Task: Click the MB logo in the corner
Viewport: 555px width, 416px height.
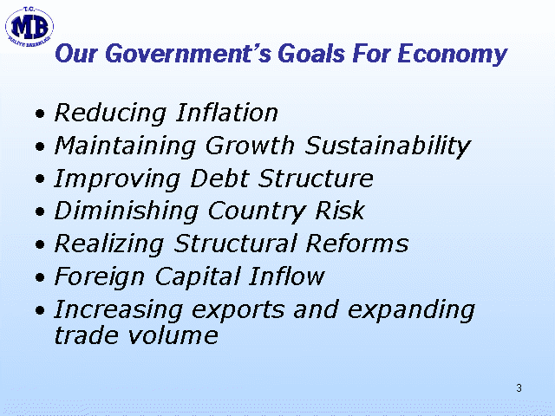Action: (29, 27)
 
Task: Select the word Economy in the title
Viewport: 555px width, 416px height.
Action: (453, 55)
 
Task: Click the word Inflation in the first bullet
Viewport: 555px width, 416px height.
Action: (227, 113)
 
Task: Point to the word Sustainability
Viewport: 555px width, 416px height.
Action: (388, 146)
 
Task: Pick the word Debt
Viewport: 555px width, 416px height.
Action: (219, 179)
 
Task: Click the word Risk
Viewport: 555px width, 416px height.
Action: (340, 211)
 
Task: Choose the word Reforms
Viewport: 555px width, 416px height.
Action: (357, 244)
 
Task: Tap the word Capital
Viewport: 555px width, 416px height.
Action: (198, 277)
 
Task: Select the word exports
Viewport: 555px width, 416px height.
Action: (238, 310)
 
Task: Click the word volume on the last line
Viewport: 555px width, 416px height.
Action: (173, 335)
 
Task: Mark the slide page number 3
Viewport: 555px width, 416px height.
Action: (519, 388)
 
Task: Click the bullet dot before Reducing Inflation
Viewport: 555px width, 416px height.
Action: (41, 114)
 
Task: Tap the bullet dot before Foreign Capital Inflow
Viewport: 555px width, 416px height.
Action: (41, 277)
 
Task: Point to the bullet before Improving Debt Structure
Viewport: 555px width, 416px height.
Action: (41, 179)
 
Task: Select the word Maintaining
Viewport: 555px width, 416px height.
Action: (125, 146)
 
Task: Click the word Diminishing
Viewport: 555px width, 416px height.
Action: (126, 211)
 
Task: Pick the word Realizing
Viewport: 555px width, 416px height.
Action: (109, 244)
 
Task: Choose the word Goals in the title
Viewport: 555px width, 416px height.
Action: (311, 54)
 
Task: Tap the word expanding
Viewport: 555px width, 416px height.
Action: (411, 310)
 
